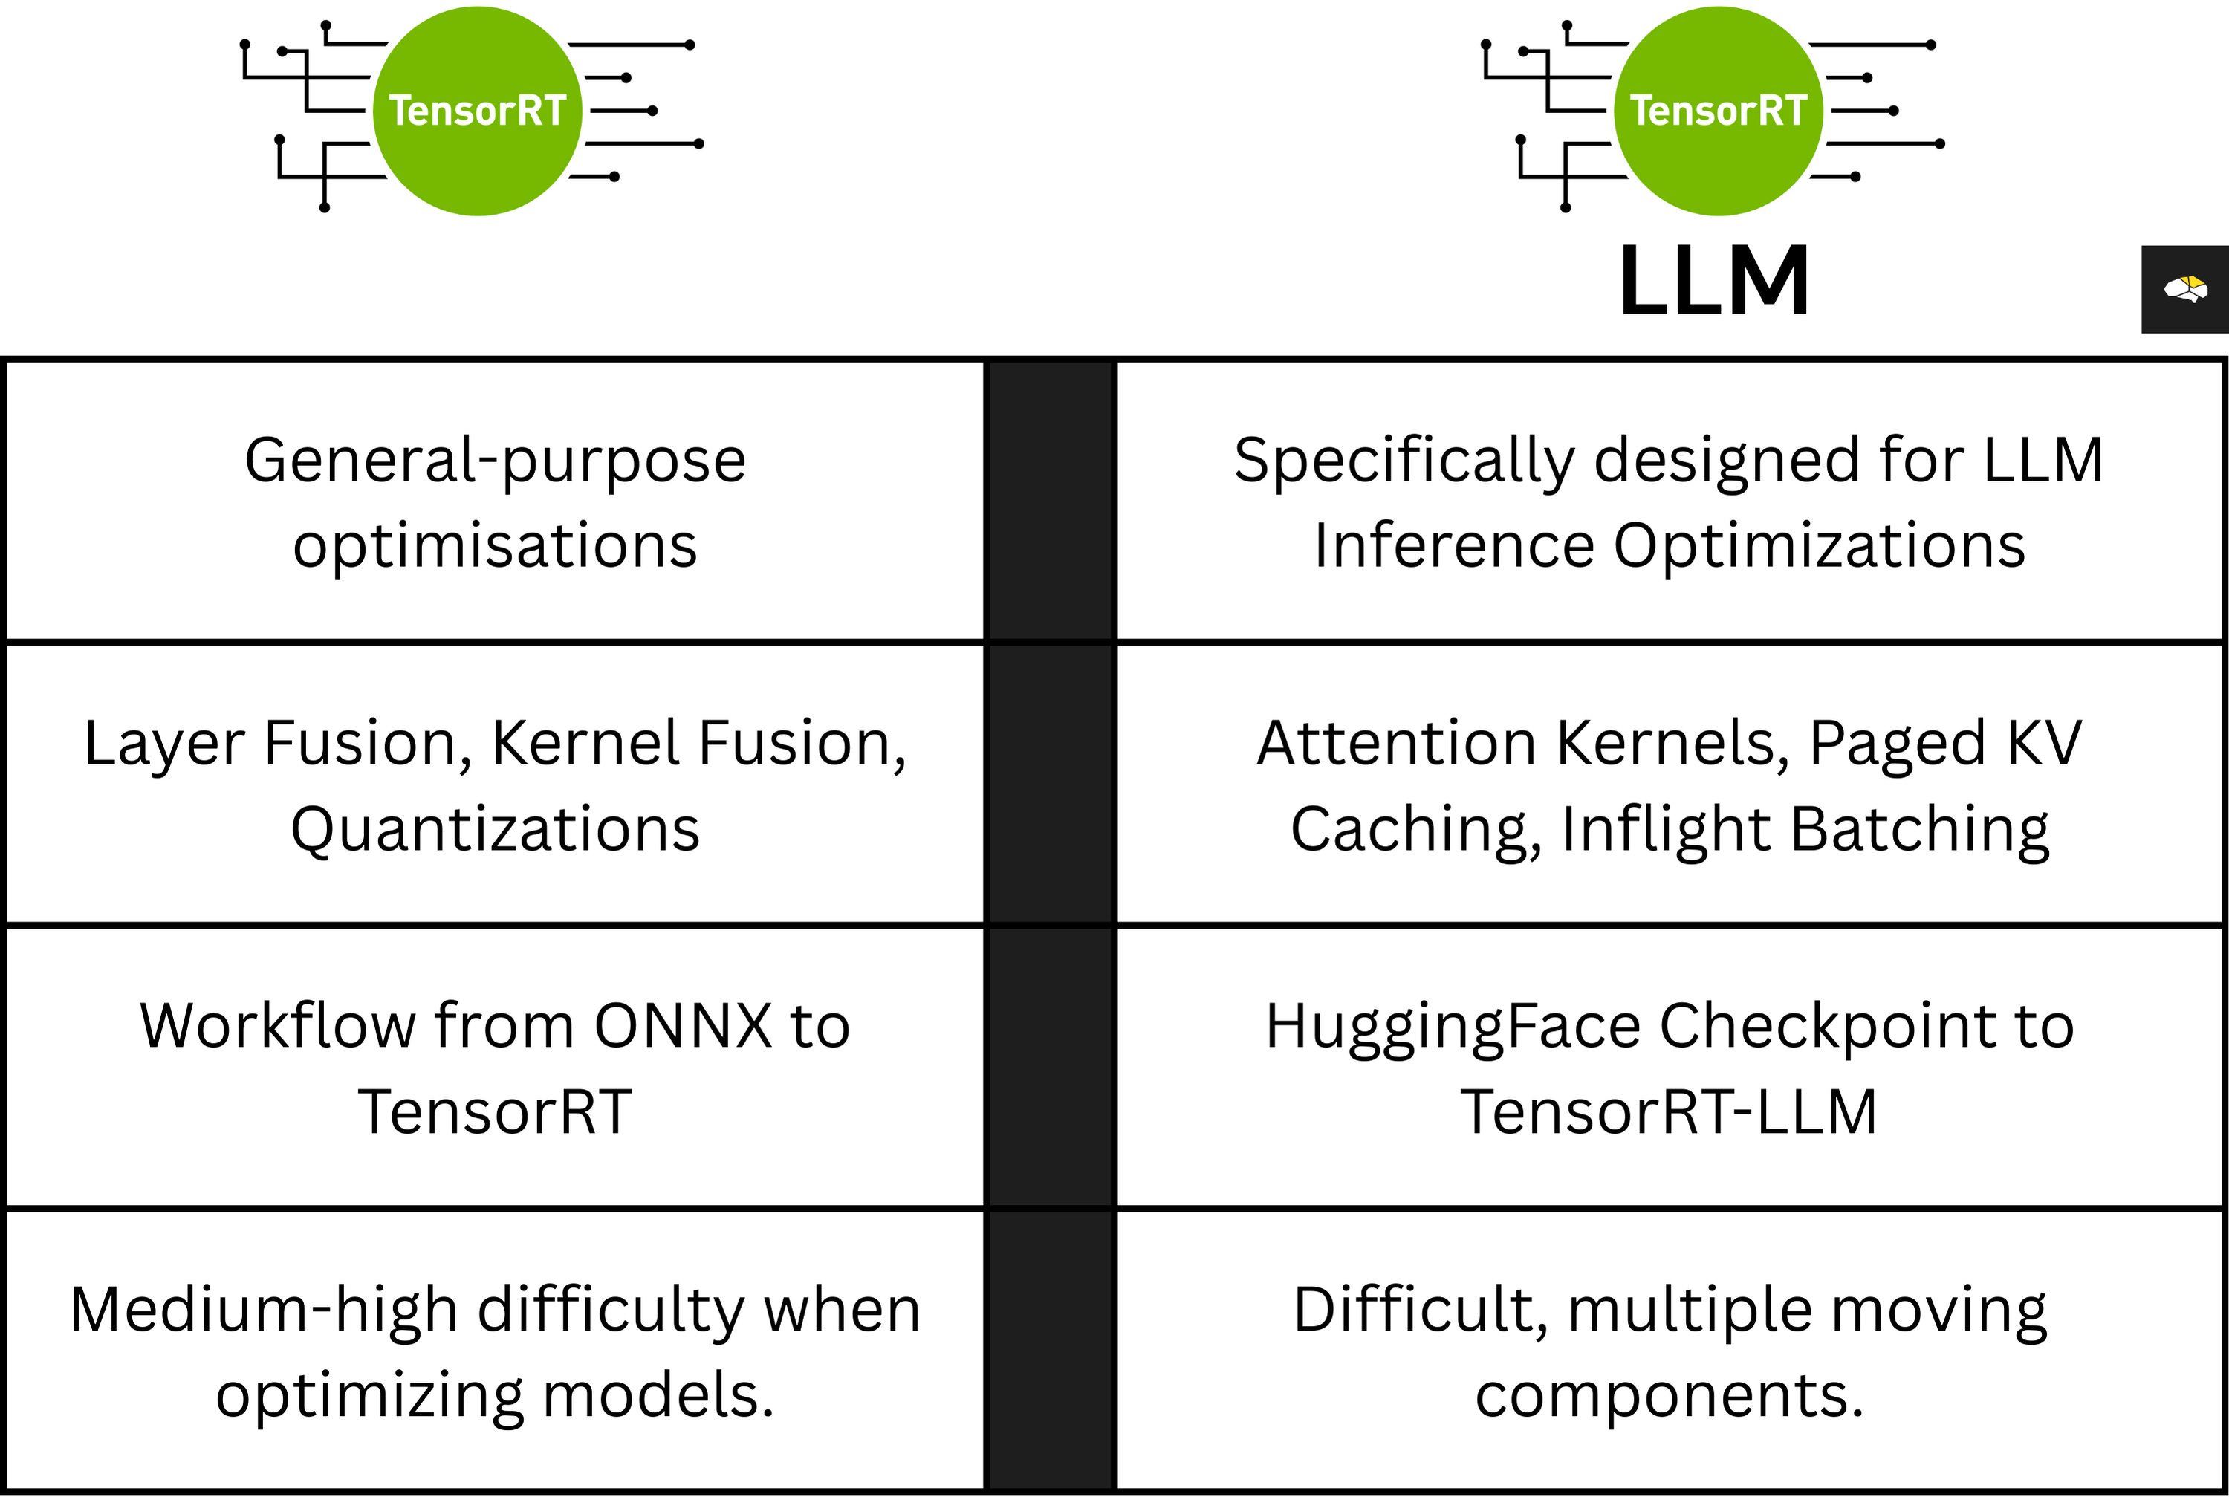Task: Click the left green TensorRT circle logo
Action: (x=477, y=111)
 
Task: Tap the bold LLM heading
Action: (x=1714, y=281)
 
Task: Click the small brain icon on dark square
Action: (x=2185, y=288)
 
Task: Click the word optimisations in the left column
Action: (x=495, y=546)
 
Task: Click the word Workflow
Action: (x=278, y=1026)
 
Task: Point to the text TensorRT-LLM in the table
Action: (x=1669, y=1112)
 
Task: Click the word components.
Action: (x=1669, y=1396)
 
